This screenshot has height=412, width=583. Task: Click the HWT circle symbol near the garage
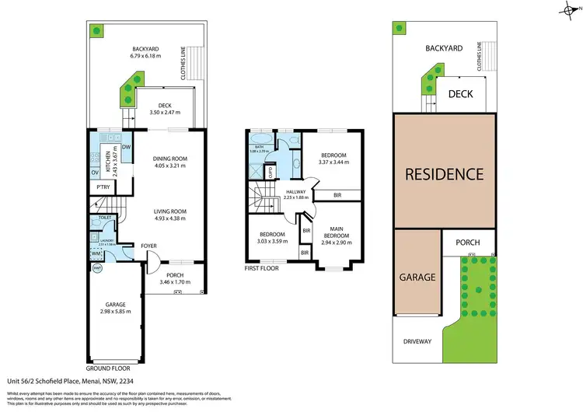97,268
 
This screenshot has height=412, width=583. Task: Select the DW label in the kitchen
126,145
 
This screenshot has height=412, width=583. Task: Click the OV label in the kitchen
95,172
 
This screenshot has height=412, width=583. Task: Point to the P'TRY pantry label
101,187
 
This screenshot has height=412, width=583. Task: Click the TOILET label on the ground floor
104,218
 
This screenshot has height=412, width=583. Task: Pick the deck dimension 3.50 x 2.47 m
164,114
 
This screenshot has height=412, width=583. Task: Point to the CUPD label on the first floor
271,173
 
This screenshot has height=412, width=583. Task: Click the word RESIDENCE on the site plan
444,173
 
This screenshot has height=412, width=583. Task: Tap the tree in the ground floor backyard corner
96,31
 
